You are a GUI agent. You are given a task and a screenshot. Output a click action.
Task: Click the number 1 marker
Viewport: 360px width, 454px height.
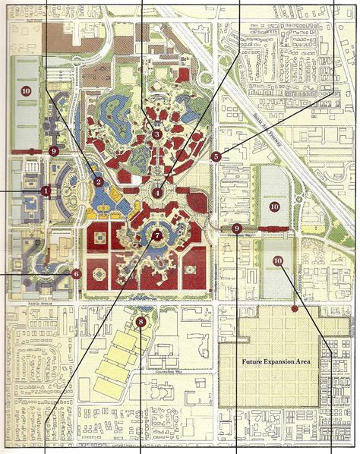pos(46,191)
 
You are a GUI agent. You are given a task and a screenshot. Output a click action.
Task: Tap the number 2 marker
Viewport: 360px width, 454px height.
pos(98,181)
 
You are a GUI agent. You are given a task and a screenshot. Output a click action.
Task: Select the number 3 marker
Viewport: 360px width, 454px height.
pos(156,134)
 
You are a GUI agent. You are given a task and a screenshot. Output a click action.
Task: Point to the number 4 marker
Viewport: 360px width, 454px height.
pos(157,193)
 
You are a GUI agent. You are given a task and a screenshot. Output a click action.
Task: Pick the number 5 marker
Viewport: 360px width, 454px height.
pos(216,156)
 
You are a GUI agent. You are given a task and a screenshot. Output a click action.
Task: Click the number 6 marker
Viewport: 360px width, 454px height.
pos(76,273)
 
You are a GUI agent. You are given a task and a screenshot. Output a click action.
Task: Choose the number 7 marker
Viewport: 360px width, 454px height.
pos(156,235)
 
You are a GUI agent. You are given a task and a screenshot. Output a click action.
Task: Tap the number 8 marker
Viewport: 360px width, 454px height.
pos(141,322)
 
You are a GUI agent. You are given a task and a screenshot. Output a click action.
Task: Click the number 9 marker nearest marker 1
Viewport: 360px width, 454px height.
pos(53,151)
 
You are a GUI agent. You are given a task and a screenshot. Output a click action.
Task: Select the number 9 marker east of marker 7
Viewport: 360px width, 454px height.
pos(237,228)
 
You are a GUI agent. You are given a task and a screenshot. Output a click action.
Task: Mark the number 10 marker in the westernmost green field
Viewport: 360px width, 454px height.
pos(26,90)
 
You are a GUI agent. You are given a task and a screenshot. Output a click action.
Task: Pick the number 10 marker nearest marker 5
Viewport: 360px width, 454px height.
pos(274,206)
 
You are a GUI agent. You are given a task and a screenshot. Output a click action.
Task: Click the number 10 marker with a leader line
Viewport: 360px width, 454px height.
pos(277,260)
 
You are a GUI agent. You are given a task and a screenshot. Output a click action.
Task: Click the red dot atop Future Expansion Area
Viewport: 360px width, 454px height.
pos(294,309)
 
